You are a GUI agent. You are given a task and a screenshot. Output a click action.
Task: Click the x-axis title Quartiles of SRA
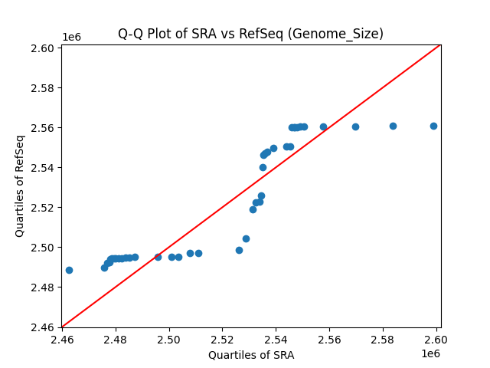coord(250,355)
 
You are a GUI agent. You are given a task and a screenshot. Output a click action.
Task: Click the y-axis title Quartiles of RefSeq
coord(20,186)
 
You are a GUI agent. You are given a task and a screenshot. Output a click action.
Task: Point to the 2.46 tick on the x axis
coord(61,339)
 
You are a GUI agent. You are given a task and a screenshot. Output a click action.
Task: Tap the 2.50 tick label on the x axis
coord(168,339)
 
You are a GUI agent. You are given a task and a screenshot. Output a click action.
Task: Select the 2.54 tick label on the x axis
coord(276,339)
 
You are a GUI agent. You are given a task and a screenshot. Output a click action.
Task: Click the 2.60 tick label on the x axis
coord(436,339)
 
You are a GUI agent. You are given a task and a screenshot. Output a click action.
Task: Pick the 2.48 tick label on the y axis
coord(42,287)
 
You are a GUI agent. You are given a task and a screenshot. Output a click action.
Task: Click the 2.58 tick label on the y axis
coord(42,87)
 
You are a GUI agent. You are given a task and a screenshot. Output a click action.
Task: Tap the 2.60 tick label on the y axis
coord(42,48)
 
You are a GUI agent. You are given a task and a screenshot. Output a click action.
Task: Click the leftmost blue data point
coord(69,270)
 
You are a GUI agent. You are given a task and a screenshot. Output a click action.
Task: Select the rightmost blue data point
coord(433,126)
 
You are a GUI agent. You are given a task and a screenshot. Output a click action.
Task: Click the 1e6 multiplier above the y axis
coord(71,37)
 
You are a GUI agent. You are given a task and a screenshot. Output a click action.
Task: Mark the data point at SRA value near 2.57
coord(355,127)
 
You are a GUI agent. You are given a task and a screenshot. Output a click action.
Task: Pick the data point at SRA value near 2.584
coord(393,126)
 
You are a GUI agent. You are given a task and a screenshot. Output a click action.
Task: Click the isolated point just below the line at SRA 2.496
coord(158,257)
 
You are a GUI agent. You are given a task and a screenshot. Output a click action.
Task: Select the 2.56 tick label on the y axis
coord(42,127)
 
